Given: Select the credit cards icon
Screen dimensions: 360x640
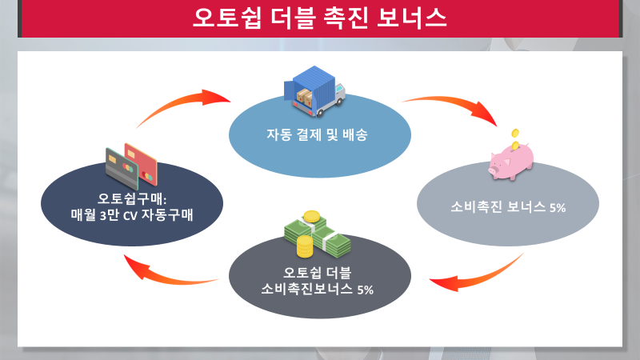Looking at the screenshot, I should [x=132, y=164].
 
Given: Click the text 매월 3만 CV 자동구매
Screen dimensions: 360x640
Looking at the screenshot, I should [x=131, y=214].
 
